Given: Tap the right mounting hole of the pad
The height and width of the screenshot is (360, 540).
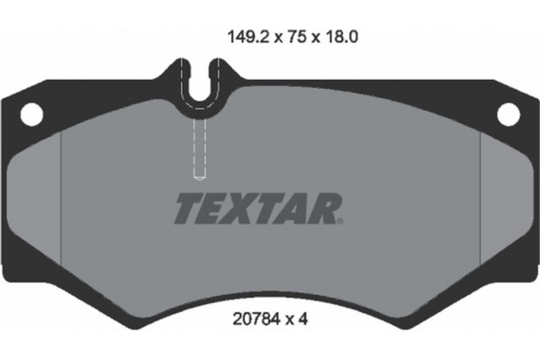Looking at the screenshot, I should tap(509, 113).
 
